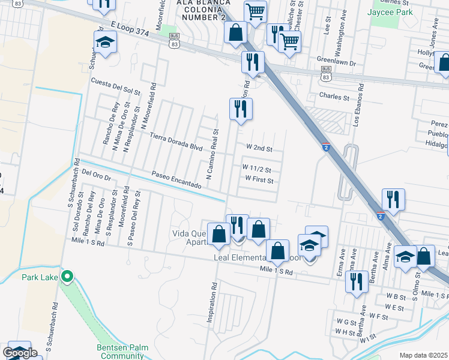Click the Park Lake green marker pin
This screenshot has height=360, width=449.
pyautogui.click(x=67, y=277)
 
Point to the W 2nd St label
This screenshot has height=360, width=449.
pyautogui.click(x=259, y=148)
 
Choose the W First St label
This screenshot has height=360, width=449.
pyautogui.click(x=259, y=179)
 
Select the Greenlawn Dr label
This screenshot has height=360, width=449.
pyautogui.click(x=337, y=62)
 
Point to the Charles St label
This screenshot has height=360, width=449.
pyautogui.click(x=334, y=96)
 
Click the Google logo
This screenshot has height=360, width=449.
pyautogui.click(x=20, y=353)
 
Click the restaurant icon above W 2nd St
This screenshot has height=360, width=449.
pyautogui.click(x=241, y=109)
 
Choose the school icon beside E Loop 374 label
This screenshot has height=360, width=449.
pyautogui.click(x=105, y=43)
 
